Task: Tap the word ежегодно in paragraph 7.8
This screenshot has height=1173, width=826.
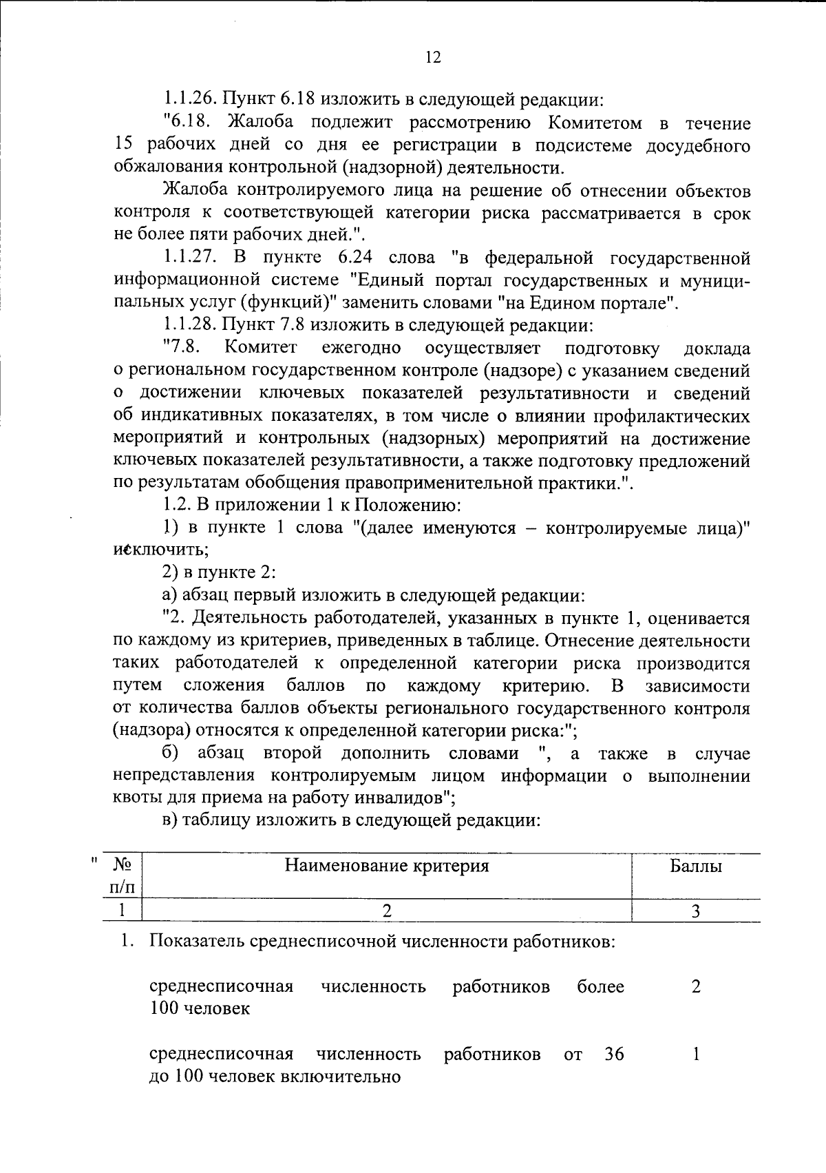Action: [x=361, y=348]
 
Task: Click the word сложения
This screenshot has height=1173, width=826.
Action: [x=224, y=686]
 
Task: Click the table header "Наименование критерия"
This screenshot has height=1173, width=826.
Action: [x=387, y=866]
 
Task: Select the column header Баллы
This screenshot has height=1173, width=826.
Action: [x=696, y=866]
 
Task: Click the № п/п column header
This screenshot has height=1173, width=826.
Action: [x=122, y=876]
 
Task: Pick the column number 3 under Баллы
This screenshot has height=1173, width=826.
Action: [x=696, y=911]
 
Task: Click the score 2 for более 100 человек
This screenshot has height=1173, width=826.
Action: [x=696, y=987]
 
